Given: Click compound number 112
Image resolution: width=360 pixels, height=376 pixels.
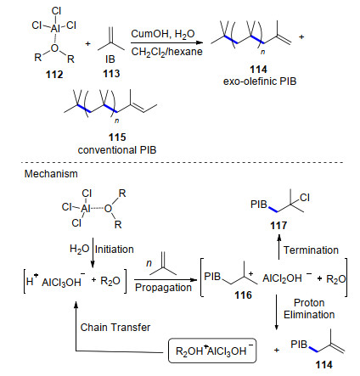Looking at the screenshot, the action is click(54, 75).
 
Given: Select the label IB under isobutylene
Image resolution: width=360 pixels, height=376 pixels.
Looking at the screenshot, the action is click(110, 59).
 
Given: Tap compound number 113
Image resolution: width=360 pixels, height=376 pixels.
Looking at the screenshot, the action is click(111, 74).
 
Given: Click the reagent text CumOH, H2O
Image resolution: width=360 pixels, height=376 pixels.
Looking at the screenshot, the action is click(163, 34).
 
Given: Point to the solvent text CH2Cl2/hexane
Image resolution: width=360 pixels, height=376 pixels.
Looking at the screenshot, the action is click(167, 52).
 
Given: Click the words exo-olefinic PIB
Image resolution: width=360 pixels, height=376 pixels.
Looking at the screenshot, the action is click(260, 81).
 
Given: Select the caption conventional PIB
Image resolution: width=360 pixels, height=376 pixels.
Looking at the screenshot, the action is click(117, 150).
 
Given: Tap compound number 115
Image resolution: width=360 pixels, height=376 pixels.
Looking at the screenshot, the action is click(117, 137).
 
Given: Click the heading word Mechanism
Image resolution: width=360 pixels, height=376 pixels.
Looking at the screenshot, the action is click(51, 173).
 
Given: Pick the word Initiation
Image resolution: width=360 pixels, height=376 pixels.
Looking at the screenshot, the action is click(115, 250).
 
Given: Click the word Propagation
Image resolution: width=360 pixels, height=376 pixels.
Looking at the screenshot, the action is click(163, 288).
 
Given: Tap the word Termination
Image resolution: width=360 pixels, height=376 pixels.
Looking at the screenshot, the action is click(311, 250).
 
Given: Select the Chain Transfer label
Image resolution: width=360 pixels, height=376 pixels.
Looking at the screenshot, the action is click(115, 328).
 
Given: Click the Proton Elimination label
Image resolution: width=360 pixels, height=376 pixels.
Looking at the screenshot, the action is click(309, 309).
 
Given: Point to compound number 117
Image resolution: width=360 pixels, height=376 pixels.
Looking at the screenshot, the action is click(278, 226).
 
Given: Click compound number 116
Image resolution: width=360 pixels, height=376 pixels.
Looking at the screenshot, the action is click(243, 295).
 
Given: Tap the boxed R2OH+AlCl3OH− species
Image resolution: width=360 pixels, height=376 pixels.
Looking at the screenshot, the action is click(212, 351).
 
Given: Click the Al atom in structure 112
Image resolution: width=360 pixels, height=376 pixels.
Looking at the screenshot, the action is click(55, 28).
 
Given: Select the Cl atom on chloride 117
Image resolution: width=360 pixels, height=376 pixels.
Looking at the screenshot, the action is click(305, 198).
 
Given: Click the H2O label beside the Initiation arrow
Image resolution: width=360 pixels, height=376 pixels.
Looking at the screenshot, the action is click(80, 249).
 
